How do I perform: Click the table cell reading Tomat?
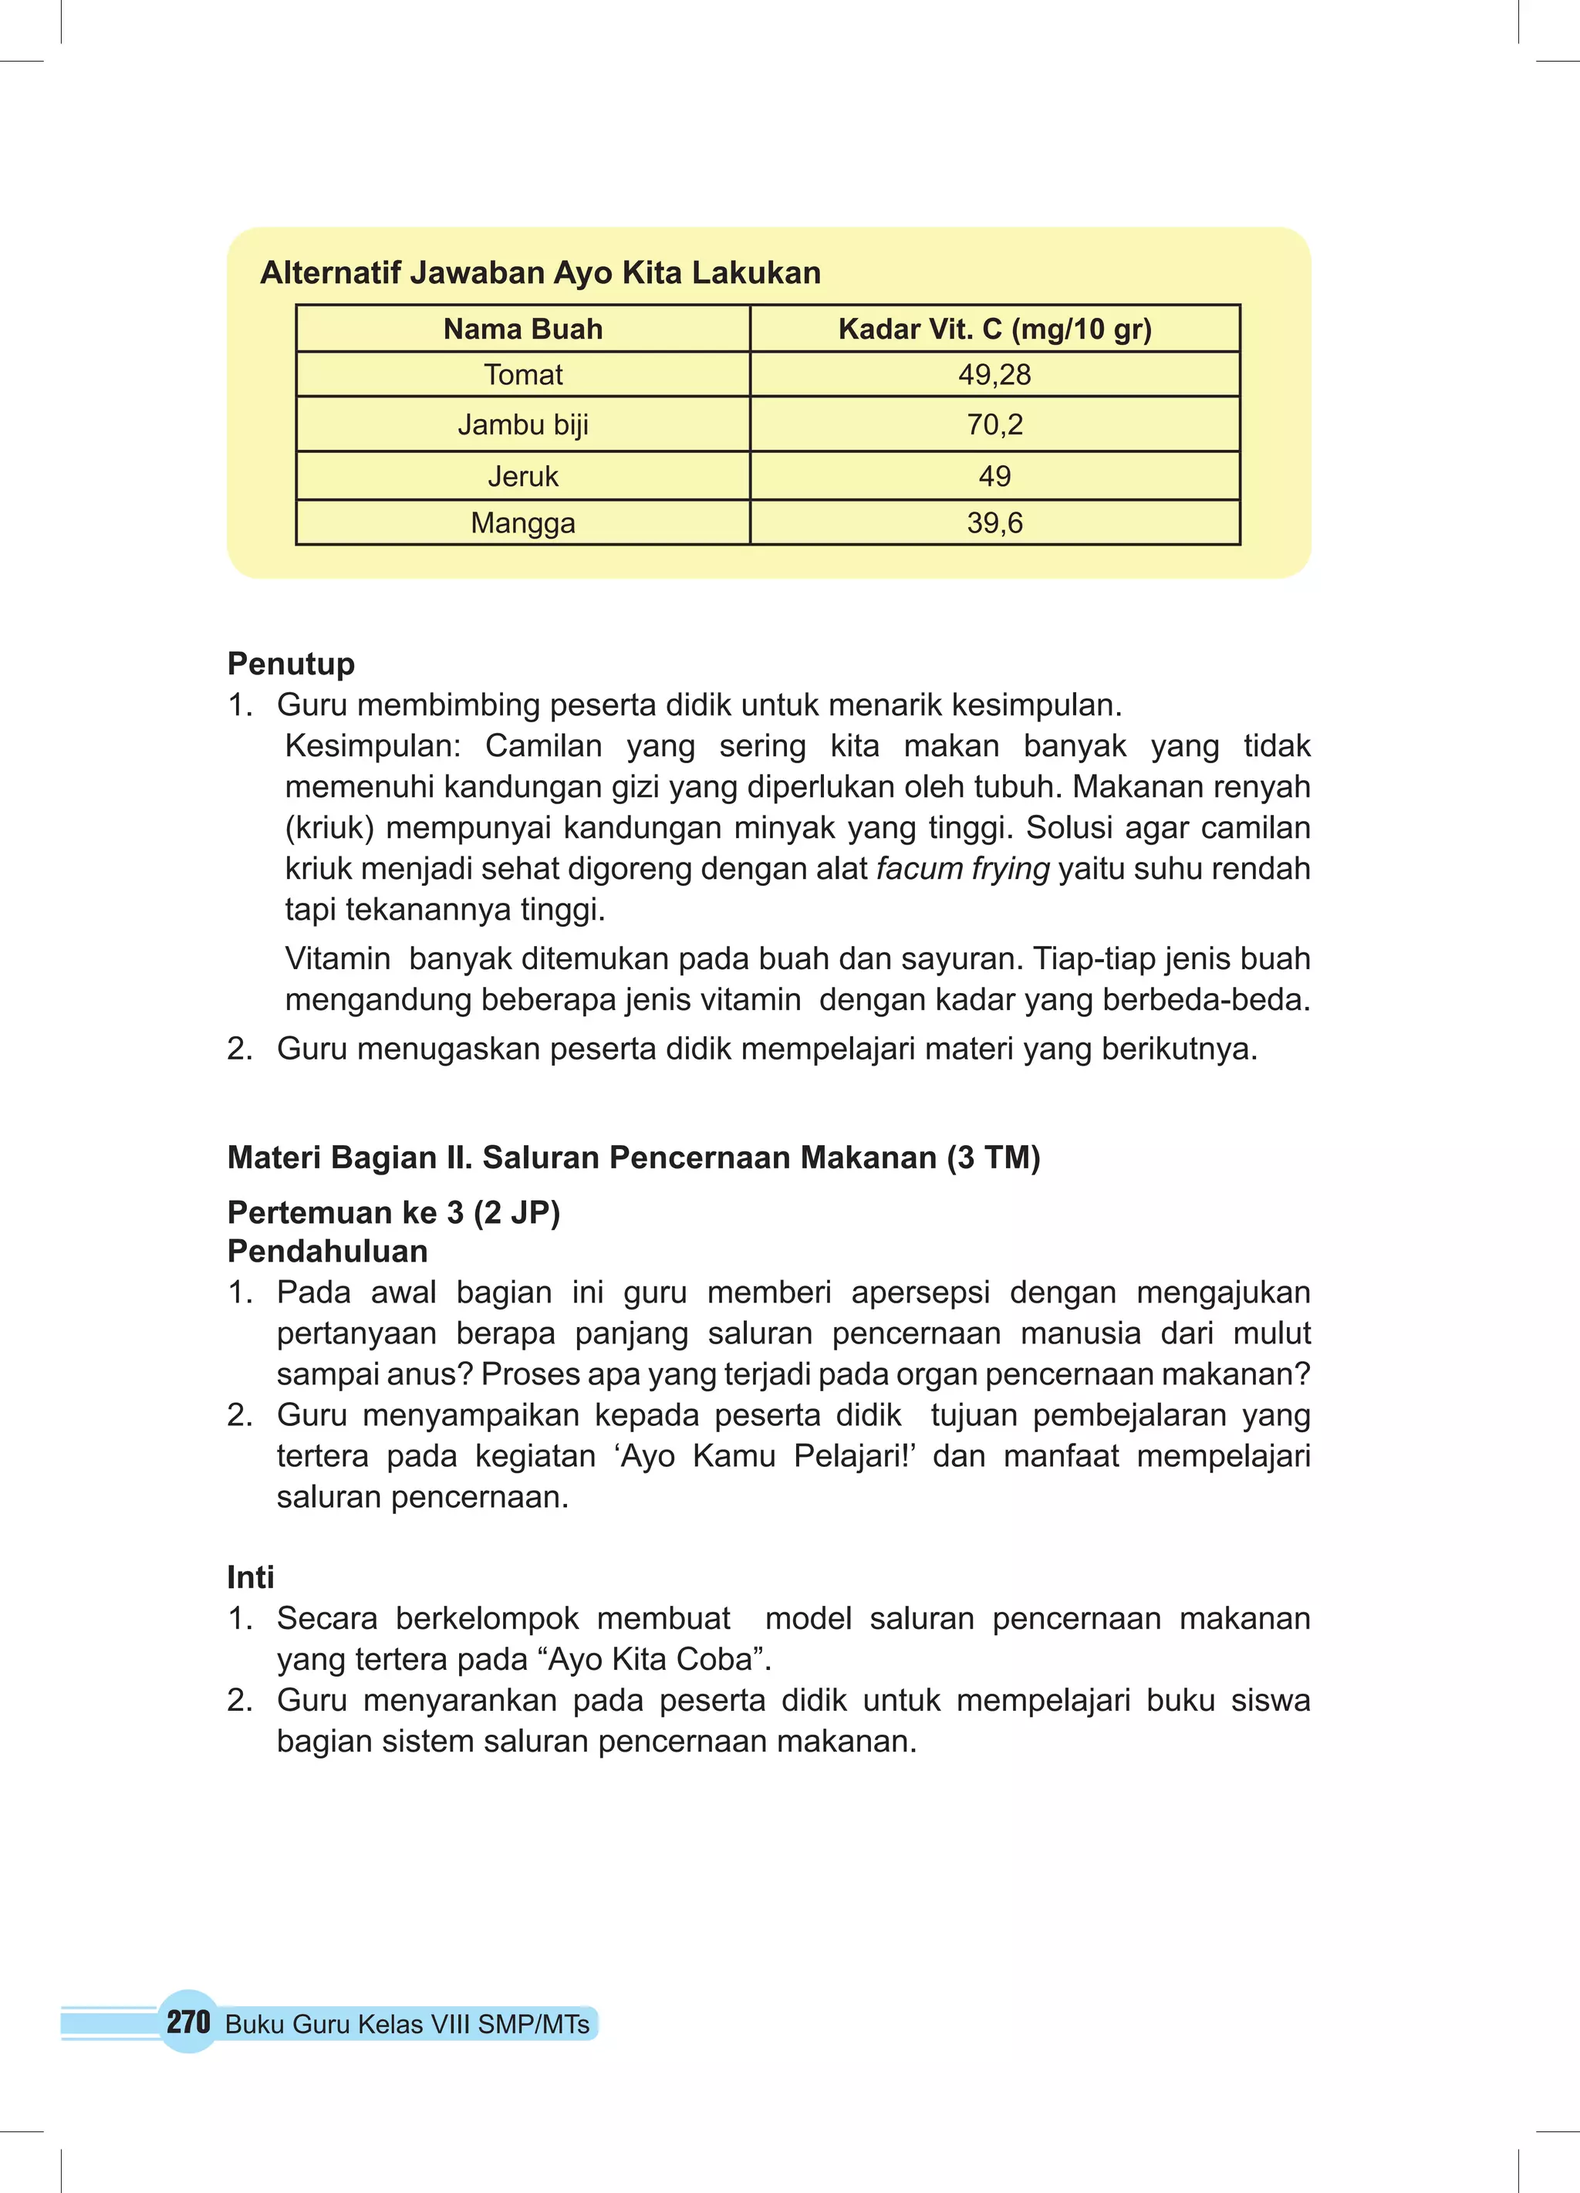(x=522, y=374)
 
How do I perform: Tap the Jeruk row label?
(x=522, y=476)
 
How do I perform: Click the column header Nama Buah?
(x=522, y=329)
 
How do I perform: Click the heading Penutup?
(x=290, y=664)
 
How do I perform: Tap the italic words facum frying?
(x=962, y=868)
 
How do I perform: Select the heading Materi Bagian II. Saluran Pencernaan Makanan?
(x=633, y=1157)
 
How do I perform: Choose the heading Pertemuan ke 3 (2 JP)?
(x=393, y=1211)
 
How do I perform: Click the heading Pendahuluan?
(x=327, y=1251)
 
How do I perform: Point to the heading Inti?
(x=251, y=1577)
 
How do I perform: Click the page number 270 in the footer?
(x=187, y=2022)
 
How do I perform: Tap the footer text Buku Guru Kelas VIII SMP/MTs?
(x=407, y=2025)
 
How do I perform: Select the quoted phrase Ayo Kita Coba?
(x=660, y=1659)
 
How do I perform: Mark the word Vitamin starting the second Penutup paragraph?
(x=337, y=958)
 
